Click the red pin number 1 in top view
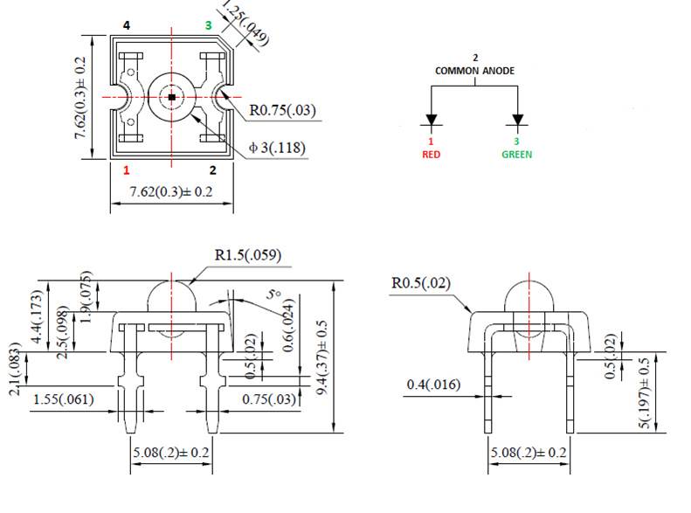127,170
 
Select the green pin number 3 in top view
208,26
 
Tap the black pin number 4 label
127,26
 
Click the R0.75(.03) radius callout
282,111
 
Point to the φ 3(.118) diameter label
277,148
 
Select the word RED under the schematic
431,154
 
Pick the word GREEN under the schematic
517,154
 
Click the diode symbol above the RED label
431,120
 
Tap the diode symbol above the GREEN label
518,120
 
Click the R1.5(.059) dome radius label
248,256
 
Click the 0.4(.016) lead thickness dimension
434,385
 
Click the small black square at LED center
172,96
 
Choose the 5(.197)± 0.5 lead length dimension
645,393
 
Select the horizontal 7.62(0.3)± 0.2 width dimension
171,191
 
